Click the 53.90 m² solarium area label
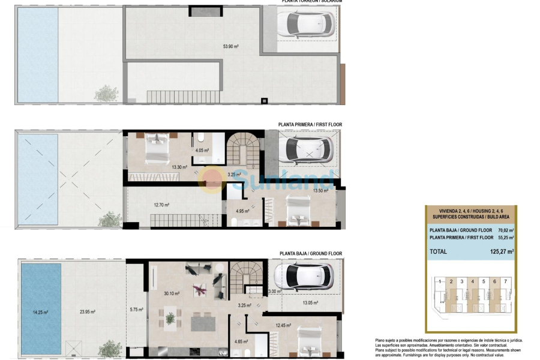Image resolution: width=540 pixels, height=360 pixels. click(x=231, y=46)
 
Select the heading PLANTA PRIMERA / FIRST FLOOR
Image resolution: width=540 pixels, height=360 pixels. click(x=310, y=125)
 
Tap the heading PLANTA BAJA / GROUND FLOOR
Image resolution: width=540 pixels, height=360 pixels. click(x=311, y=254)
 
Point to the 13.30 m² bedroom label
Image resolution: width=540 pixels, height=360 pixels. click(x=163, y=167)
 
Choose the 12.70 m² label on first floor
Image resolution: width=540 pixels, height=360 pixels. click(x=161, y=205)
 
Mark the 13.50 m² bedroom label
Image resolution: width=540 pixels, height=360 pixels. click(x=321, y=191)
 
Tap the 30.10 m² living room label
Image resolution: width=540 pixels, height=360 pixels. click(x=172, y=294)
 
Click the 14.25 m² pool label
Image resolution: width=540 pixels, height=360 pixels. click(x=40, y=312)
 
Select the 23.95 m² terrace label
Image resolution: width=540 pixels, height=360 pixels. click(x=88, y=312)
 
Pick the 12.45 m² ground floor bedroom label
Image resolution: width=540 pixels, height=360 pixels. click(x=283, y=326)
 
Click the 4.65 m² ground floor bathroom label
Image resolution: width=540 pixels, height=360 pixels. click(x=242, y=342)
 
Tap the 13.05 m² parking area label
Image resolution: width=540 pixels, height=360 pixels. click(x=311, y=303)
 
